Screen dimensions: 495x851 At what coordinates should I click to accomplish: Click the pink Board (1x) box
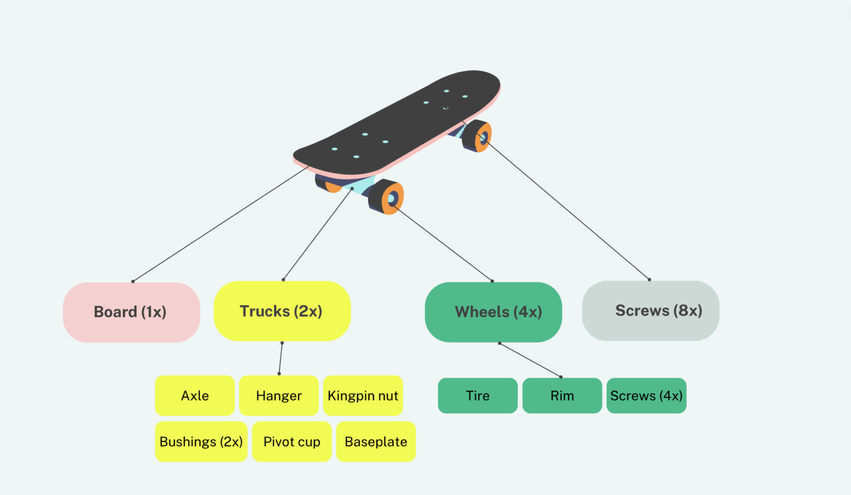tap(131, 312)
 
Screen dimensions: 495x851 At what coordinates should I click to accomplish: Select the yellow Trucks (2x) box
tap(282, 311)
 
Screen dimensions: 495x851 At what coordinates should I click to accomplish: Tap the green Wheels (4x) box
tap(493, 312)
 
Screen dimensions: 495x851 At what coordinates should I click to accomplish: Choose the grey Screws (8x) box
tap(651, 310)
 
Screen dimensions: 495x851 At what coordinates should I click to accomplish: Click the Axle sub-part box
tap(194, 396)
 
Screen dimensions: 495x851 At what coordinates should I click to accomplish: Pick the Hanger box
tap(279, 396)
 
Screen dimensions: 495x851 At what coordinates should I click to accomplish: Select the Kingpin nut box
tap(363, 396)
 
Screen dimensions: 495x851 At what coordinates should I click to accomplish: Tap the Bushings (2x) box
tap(201, 441)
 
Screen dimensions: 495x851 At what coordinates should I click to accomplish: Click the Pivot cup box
tap(292, 441)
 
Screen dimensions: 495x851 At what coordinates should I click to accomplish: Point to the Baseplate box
tap(376, 441)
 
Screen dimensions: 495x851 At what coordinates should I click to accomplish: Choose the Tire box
tap(478, 396)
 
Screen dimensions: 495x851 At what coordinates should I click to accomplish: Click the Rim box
tap(562, 396)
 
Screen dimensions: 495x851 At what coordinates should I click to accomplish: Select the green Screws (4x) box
tap(647, 396)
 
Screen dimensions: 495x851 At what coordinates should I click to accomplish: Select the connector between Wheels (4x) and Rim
tap(530, 360)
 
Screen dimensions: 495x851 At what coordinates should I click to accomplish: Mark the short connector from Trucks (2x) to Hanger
tap(281, 358)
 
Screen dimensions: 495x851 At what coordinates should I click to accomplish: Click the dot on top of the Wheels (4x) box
tap(492, 281)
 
